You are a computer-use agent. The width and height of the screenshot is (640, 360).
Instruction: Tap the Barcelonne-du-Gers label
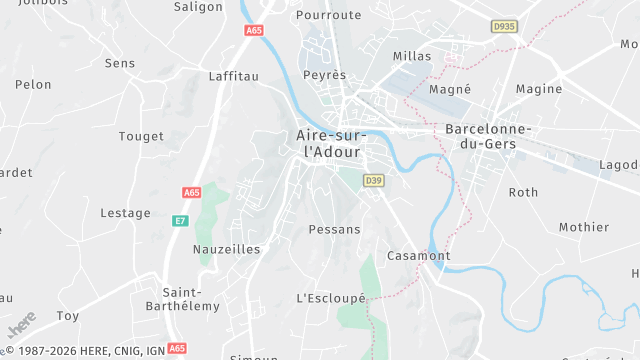[x=488, y=137]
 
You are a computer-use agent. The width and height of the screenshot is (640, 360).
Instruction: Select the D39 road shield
[x=374, y=181]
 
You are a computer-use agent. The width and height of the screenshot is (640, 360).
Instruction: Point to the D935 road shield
[x=505, y=26]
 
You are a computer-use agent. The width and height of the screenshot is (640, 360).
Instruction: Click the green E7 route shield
[x=180, y=220]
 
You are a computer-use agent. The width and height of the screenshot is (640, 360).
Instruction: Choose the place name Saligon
[x=198, y=6]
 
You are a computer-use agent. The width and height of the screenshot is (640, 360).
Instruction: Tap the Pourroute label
[x=328, y=15]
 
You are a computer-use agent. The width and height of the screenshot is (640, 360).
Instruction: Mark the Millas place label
[x=413, y=55]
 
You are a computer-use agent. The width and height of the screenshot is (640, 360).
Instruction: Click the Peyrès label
[x=325, y=75]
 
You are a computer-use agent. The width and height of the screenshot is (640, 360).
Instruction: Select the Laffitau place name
[x=234, y=75]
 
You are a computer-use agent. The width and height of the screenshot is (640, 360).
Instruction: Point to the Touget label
[x=141, y=136]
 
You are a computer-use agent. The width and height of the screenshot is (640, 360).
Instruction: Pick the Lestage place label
[x=126, y=213]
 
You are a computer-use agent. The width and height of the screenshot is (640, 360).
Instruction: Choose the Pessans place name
[x=335, y=229]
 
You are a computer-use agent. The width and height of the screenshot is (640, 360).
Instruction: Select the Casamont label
[x=418, y=256]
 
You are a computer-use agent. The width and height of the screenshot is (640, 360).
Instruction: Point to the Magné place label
[x=449, y=89]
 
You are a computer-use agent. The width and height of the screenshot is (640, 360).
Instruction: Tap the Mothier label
[x=584, y=227]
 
